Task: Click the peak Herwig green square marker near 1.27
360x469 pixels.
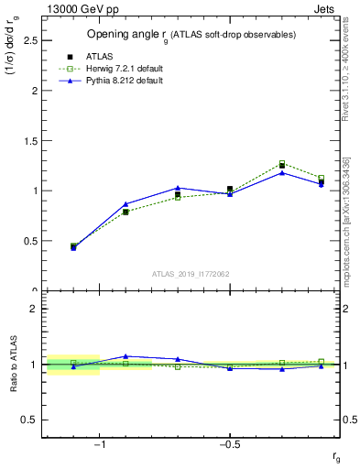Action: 282,164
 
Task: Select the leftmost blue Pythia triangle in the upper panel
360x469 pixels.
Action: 73,247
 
